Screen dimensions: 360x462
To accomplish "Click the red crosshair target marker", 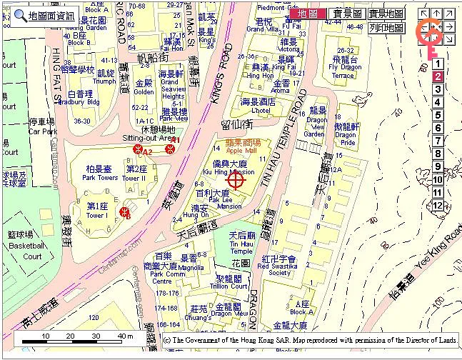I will (x=236, y=179).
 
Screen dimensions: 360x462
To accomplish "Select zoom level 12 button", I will (x=438, y=206).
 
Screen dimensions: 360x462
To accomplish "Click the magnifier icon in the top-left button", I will (x=21, y=15).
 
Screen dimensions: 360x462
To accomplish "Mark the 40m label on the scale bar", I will (x=126, y=336).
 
